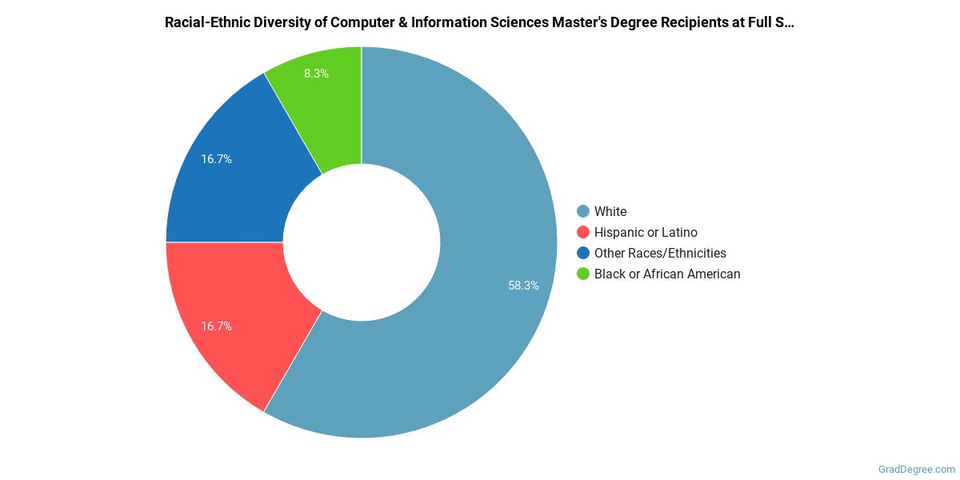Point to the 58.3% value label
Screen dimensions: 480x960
coord(523,285)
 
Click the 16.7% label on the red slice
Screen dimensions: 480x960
coord(216,326)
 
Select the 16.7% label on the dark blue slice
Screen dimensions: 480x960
coord(216,159)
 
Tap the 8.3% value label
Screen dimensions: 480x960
coord(316,73)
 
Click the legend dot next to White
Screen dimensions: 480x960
coord(582,211)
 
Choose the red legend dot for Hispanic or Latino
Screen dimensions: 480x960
coord(582,232)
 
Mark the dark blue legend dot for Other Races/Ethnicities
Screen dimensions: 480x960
coord(582,253)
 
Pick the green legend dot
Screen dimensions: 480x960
coord(582,274)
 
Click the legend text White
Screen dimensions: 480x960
coord(610,211)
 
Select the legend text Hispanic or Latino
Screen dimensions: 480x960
coord(646,232)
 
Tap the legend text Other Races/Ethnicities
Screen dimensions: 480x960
coord(660,253)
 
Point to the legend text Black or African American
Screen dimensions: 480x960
coord(667,274)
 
